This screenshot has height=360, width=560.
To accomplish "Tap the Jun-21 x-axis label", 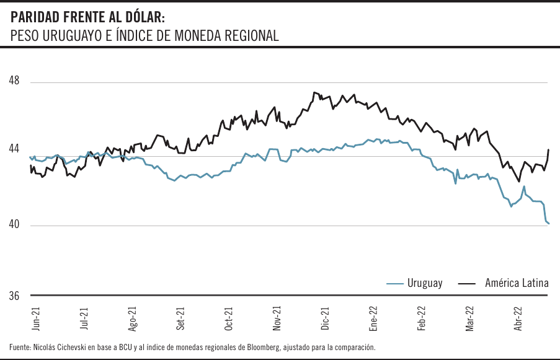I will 36,318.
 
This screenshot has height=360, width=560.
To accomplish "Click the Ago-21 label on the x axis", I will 132,318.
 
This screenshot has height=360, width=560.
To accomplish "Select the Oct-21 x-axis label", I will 228,318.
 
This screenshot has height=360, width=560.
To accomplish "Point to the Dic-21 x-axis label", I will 324,318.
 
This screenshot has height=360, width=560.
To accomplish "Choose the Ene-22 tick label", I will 373,318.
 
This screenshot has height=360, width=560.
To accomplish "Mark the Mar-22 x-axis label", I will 469,318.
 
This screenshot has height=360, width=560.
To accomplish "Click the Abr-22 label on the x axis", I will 517,318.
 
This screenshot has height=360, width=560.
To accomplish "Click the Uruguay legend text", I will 425,283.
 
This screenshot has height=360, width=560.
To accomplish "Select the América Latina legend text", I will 517,283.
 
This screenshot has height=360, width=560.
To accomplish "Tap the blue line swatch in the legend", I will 394,284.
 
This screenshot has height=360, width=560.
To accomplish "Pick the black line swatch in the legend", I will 466,284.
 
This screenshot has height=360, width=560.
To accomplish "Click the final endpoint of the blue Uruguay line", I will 549,223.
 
